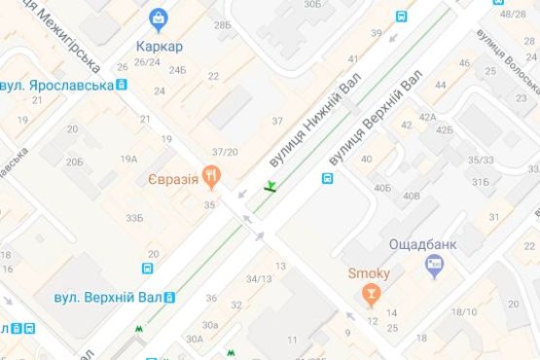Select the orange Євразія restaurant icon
[212, 175]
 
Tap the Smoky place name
[370, 273]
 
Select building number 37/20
[225, 152]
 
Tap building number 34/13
[259, 279]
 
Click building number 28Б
[223, 24]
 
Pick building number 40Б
[382, 187]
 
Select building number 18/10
[464, 312]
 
